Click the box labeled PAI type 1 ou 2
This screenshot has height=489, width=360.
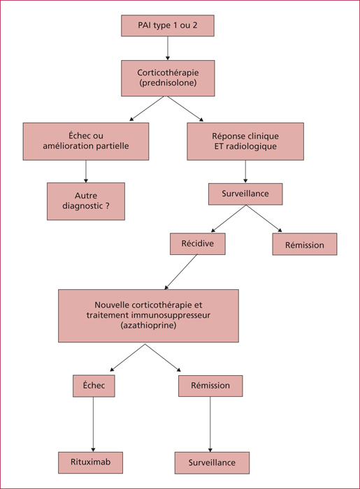tap(168, 26)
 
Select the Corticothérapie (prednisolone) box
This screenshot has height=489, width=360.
tap(168, 78)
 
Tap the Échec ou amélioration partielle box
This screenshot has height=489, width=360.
tap(86, 141)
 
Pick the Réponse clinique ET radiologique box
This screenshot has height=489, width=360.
tap(245, 141)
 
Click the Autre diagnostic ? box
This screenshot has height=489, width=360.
tap(86, 201)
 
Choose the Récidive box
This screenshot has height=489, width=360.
tap(197, 244)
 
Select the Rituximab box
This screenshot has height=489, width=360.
tap(90, 462)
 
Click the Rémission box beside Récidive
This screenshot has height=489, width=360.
tap(305, 245)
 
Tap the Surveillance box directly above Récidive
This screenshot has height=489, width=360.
tap(245, 194)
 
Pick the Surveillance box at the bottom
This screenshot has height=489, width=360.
tap(212, 462)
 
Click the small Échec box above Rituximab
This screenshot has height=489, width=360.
tap(94, 386)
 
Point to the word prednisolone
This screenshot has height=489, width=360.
tap(168, 83)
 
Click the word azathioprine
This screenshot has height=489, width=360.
tap(148, 326)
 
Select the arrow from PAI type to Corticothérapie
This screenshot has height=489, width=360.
tap(168, 48)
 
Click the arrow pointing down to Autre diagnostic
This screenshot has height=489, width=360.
tap(86, 172)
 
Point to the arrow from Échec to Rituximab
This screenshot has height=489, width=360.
tap(93, 425)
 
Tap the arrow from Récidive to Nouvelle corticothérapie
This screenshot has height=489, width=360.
tap(181, 272)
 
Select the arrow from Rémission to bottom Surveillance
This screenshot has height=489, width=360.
tap(210, 425)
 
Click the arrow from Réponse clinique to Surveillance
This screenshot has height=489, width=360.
tap(245, 172)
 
